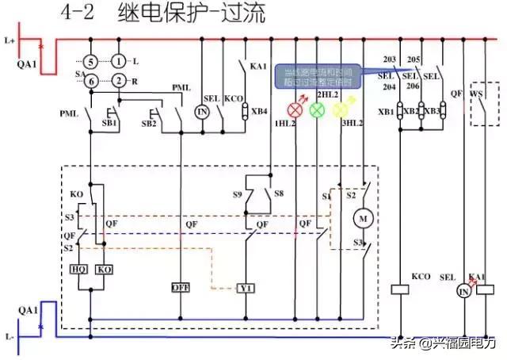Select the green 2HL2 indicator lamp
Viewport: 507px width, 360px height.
pos(318,109)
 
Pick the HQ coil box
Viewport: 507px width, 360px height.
pos(79,270)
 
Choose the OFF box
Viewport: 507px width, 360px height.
pos(181,287)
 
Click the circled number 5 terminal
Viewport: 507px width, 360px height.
pos(92,61)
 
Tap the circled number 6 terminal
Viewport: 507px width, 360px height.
pos(92,79)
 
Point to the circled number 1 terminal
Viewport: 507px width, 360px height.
pos(118,61)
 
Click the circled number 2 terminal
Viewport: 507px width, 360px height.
pos(118,79)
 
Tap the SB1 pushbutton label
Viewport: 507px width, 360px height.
pos(110,124)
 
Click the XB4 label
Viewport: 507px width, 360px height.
pos(259,111)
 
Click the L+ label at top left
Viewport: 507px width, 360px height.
pos(10,39)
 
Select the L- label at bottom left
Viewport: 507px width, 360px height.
pos(10,336)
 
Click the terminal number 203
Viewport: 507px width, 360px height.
pos(389,60)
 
